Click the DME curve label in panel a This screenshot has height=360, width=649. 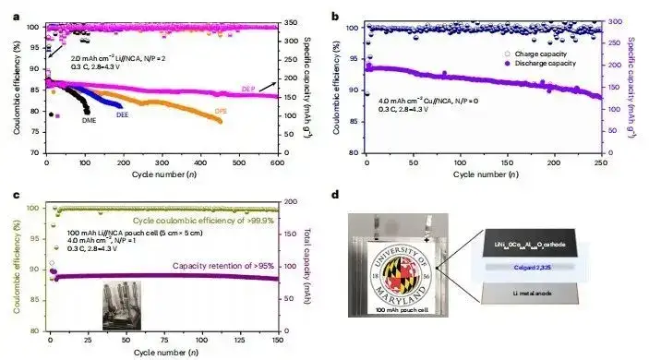click(x=90, y=120)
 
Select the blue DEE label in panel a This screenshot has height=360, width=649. click(x=122, y=115)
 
